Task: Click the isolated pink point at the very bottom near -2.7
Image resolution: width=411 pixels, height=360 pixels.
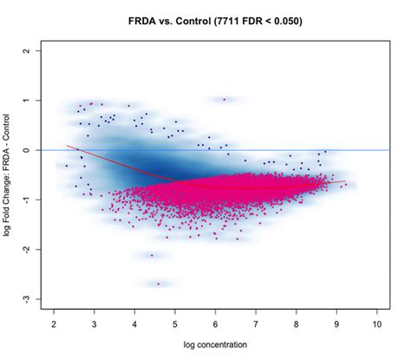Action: point(158,284)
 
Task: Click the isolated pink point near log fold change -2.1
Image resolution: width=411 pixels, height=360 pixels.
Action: point(152,255)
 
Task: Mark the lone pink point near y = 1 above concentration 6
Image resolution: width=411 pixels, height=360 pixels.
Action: point(224,100)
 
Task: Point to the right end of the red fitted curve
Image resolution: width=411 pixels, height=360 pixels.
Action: point(346,182)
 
